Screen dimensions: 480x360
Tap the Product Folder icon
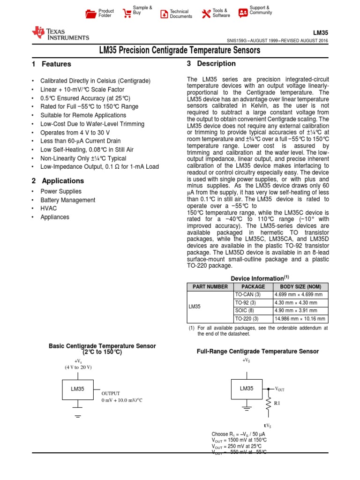click(91, 14)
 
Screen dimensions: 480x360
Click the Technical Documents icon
click(164, 14)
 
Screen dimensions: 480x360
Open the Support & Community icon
click(243, 13)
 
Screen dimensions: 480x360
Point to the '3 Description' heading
click(211, 64)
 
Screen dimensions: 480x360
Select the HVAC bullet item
click(48, 209)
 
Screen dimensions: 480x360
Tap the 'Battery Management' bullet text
click(68, 200)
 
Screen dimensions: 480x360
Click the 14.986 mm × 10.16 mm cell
click(299, 319)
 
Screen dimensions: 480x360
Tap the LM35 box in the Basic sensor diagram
click(77, 389)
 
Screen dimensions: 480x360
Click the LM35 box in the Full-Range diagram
click(247, 389)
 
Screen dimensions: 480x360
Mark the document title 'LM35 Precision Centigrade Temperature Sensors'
click(180, 50)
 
